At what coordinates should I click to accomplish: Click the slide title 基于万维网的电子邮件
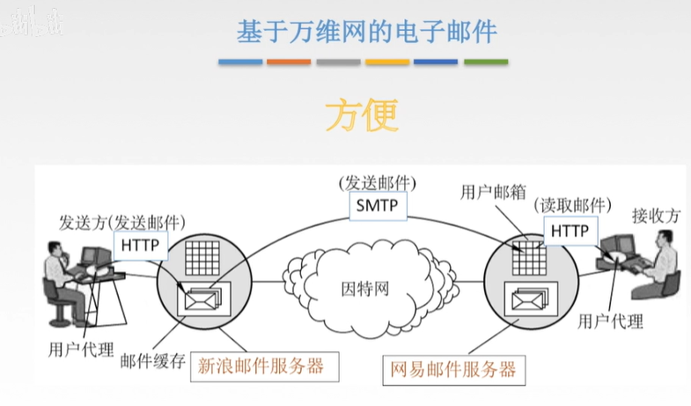pyautogui.click(x=366, y=32)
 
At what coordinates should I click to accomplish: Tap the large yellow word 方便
pyautogui.click(x=362, y=114)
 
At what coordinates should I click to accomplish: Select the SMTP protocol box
pyautogui.click(x=378, y=207)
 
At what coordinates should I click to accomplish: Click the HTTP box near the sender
pyautogui.click(x=141, y=245)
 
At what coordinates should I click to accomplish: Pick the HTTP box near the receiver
pyautogui.click(x=569, y=231)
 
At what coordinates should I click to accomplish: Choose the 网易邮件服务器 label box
pyautogui.click(x=452, y=369)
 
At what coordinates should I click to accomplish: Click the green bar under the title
pyautogui.click(x=485, y=63)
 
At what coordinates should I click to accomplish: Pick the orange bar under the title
pyautogui.click(x=289, y=63)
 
